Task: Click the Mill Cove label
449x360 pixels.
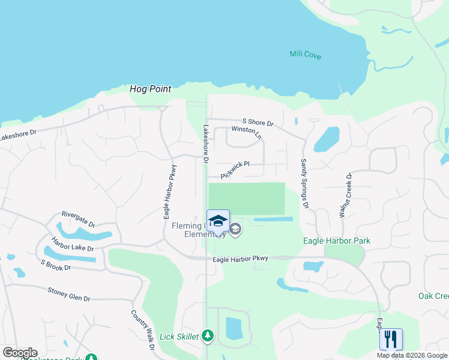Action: coord(305,56)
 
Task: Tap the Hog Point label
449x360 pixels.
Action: coord(147,89)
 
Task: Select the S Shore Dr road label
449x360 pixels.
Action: coord(258,122)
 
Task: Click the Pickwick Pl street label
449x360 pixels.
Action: coord(234,169)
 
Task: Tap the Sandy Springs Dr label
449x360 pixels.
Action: coord(304,184)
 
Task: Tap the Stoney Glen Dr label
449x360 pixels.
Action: coord(68,294)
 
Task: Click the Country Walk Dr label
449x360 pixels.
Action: coord(143,331)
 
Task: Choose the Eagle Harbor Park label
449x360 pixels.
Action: coord(337,241)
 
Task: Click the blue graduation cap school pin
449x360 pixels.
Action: coord(218,221)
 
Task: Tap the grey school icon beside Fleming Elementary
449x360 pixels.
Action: coord(235,229)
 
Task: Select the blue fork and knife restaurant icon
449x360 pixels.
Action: coord(391,339)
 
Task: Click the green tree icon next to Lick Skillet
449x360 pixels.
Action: coord(208,335)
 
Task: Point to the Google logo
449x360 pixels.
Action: coord(20,353)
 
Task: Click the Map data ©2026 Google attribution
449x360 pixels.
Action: coord(412,355)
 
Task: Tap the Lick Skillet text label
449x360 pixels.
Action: coord(179,337)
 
